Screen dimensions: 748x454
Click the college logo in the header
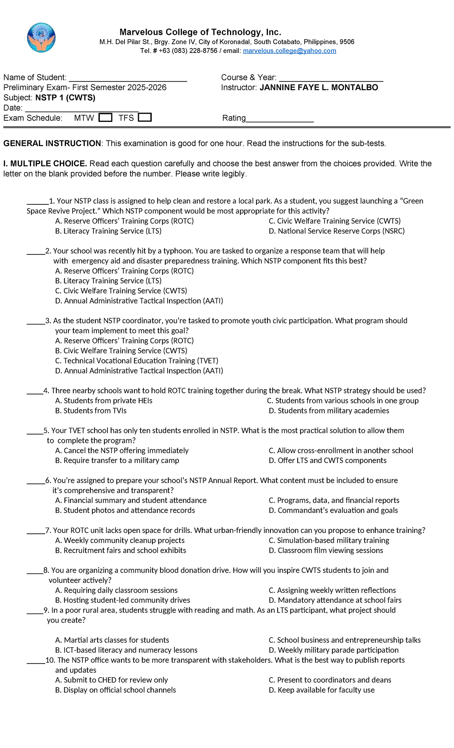coord(41,37)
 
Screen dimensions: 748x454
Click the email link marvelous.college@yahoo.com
coord(289,51)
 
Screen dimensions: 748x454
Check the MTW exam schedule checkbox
coord(105,117)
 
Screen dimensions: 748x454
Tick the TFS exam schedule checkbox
coord(145,117)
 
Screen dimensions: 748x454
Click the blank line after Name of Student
coord(128,78)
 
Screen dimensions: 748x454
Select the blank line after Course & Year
coord(331,78)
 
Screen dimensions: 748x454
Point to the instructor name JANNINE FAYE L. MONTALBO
coord(319,87)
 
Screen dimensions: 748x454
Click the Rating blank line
coord(280,119)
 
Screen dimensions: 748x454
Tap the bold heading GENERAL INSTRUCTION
coord(52,143)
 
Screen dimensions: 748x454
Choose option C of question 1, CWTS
coord(334,221)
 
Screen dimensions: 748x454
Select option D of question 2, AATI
coord(139,301)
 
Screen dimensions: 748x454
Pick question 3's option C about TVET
coord(137,361)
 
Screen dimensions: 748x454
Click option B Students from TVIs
coord(91,411)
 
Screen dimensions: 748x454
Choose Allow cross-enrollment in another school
coord(340,450)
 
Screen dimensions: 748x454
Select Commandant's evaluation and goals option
coord(333,510)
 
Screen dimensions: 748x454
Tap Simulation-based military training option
coord(329,540)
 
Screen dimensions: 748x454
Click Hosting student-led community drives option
coord(123,600)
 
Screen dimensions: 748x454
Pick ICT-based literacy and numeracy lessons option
coord(126,650)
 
